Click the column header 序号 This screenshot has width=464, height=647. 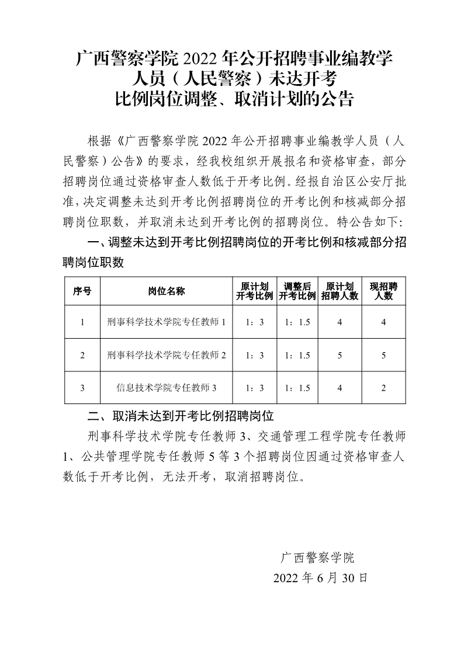point(82,291)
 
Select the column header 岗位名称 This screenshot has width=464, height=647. point(167,291)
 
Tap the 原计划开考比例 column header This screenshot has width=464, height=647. point(254,291)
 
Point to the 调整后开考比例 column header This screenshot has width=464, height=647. point(297,291)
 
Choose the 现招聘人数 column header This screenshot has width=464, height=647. point(383,291)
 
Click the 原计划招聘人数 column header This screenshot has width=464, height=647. point(340,291)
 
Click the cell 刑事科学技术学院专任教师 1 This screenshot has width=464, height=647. point(167,322)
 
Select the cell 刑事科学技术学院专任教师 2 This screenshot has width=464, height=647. point(167,355)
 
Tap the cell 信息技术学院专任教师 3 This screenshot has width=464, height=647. point(167,388)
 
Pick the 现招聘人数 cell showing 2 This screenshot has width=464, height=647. point(383,388)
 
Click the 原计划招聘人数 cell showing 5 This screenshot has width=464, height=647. point(340,355)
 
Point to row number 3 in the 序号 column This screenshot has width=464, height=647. point(82,388)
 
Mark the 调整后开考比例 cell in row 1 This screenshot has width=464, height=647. point(297,322)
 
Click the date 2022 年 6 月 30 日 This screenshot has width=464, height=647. point(321,578)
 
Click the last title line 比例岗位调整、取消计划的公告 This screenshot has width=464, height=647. point(235,98)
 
